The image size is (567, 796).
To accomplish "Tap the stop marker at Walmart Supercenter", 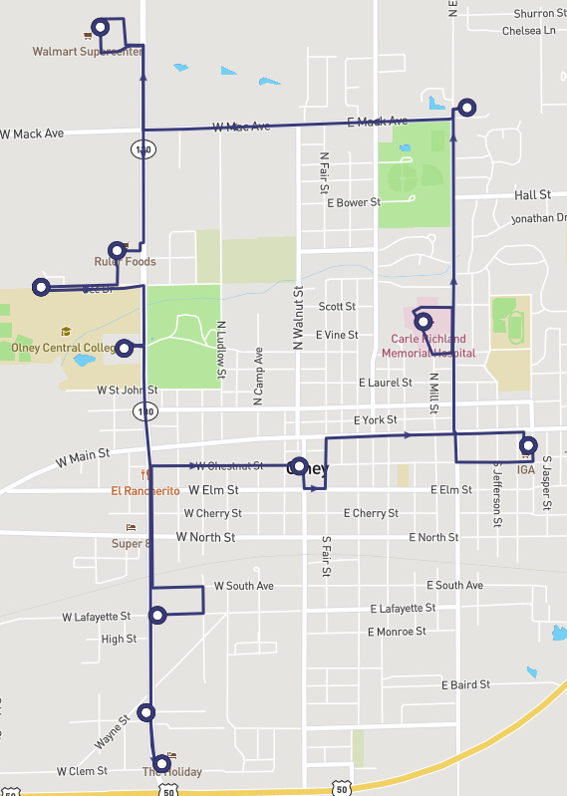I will (100, 26).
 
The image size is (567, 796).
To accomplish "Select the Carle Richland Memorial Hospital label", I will (428, 345).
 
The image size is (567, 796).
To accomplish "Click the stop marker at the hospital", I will (423, 322).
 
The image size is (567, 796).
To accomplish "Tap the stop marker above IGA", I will (528, 445).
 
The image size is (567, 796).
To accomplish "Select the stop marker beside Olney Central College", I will (125, 348).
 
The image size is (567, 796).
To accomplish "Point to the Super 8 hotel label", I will (132, 543).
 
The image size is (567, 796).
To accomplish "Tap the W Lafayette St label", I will (96, 617).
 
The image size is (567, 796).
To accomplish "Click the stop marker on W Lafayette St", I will (157, 615).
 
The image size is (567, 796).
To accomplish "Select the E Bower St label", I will (354, 202).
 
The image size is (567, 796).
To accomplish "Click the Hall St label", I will (532, 195).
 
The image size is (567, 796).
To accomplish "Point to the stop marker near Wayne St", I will (147, 712).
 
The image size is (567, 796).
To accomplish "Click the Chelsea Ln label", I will (528, 31).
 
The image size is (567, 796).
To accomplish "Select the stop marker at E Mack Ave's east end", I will (465, 107).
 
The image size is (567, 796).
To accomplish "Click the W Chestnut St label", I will (229, 465).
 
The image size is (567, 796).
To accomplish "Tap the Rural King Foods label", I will (125, 262).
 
